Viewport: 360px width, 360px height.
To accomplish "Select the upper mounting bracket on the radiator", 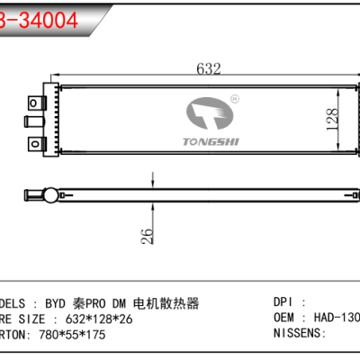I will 37,101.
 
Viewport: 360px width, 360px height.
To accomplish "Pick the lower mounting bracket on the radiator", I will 37,142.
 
